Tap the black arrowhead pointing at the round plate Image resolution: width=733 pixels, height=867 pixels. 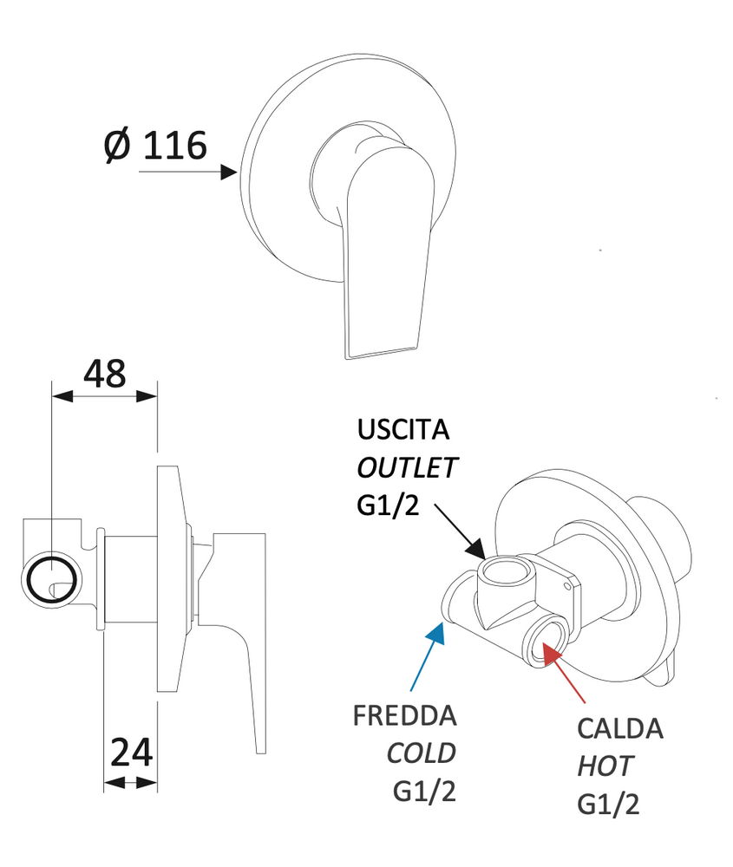tap(229, 172)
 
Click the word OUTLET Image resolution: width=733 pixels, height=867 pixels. tap(406, 468)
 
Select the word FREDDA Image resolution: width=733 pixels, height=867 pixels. tap(404, 716)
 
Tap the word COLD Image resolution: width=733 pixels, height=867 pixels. tap(421, 753)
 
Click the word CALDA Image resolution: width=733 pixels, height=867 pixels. tap(620, 728)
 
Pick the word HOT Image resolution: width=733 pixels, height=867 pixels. tap(605, 766)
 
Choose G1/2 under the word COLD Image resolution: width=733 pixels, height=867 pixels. tap(424, 791)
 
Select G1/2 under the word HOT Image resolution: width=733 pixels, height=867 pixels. tap(608, 805)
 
